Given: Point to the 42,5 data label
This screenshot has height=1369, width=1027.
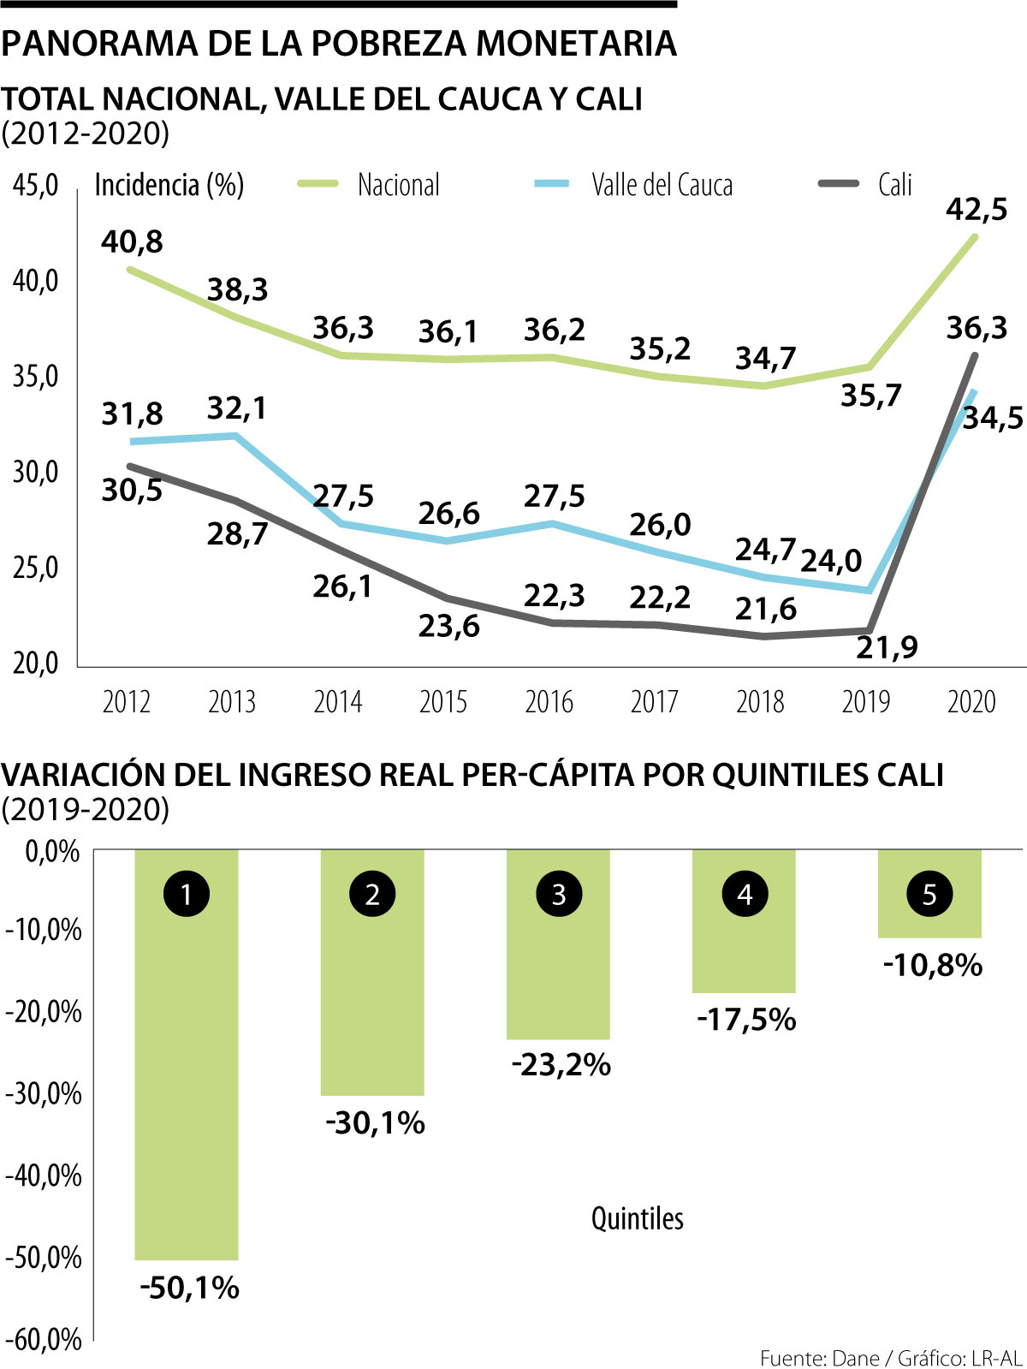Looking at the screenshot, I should click(x=977, y=209).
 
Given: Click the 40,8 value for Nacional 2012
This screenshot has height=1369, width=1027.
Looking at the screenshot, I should click(x=132, y=242).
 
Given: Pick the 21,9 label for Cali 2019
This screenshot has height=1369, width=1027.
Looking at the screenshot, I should click(x=887, y=648).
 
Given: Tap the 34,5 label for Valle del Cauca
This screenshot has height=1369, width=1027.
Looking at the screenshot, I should click(x=993, y=418).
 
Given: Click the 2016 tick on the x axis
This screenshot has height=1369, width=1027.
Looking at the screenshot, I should click(x=549, y=702).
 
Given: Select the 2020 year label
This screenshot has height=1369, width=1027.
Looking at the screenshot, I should click(x=971, y=702).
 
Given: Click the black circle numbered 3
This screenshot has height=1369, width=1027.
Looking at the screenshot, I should click(x=559, y=895).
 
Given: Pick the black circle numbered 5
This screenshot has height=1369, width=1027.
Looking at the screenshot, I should click(x=929, y=895).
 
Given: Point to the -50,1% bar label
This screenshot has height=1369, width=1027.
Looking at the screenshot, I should click(x=189, y=1288).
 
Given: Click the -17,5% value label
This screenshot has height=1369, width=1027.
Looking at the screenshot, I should click(x=746, y=1020).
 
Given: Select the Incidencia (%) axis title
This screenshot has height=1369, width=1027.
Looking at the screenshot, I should click(x=169, y=185).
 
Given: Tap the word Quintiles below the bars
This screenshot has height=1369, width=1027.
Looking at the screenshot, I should click(x=638, y=1218).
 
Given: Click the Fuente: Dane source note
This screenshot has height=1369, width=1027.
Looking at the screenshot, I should click(x=819, y=1358).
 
